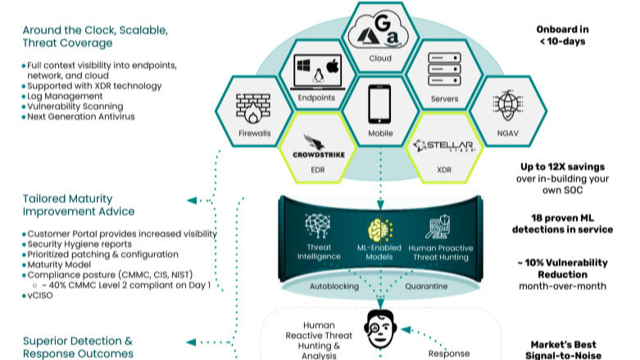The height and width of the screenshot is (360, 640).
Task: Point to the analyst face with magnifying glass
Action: [x=379, y=329]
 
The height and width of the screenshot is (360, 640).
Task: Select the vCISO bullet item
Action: [x=38, y=295]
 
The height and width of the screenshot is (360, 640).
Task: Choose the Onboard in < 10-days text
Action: [x=561, y=34]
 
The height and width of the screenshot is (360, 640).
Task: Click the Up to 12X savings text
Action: [x=562, y=165]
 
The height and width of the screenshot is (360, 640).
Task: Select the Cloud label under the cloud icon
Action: [x=379, y=59]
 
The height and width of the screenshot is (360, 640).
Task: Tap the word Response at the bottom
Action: [x=449, y=353]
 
